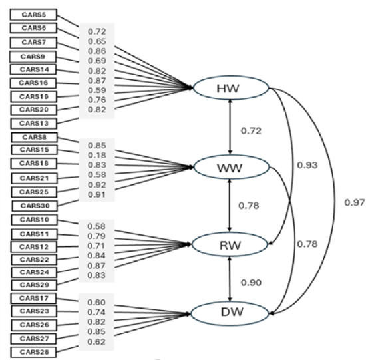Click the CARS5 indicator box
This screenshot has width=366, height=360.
[x=33, y=15]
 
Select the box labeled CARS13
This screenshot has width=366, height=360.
[x=33, y=123]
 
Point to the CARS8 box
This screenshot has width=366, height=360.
[x=33, y=137]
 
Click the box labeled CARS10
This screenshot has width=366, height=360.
[x=33, y=220]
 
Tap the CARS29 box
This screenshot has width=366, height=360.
[x=33, y=284]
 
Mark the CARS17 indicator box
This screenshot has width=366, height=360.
[x=33, y=298]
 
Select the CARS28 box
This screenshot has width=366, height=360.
[x=33, y=351]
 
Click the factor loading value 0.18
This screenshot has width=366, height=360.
[x=96, y=155]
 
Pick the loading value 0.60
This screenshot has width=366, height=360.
[x=96, y=303]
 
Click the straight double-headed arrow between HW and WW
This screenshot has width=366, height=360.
[x=230, y=126]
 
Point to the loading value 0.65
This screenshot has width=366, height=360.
[x=96, y=41]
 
